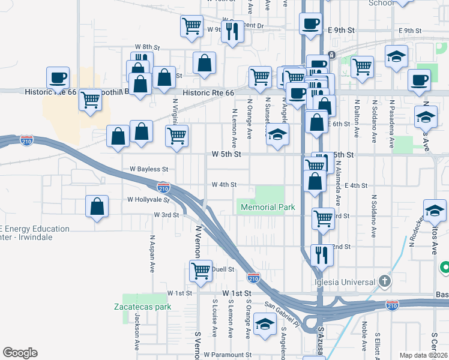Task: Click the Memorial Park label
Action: point(268,207)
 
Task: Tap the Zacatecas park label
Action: point(142,307)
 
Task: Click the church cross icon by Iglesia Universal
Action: point(385,281)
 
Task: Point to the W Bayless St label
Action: point(148,169)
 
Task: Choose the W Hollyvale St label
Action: point(148,200)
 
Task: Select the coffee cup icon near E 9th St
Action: point(310,23)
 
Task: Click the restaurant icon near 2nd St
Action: point(322,254)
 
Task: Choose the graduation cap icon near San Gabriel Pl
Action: point(264,324)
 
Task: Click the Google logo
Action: point(20,353)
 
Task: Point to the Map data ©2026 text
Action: point(424,355)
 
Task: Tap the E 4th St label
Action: point(356,185)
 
